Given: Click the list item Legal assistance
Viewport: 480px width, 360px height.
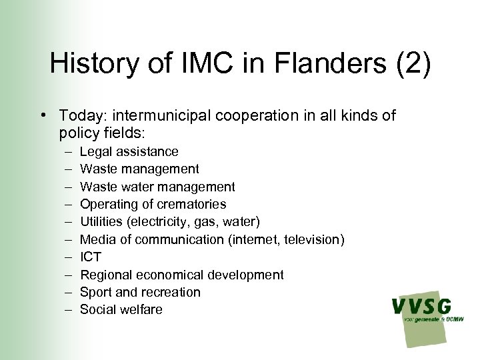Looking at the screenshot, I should click(129, 152).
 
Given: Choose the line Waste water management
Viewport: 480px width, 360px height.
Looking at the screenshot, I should click(157, 187).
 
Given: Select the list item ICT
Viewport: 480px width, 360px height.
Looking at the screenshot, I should click(91, 257).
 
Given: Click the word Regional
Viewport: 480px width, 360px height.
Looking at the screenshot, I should click(106, 275).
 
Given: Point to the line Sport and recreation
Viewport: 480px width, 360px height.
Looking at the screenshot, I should click(140, 292).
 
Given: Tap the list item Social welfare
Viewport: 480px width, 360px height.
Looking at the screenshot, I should click(121, 309).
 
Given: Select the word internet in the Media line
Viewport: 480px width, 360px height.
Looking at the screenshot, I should click(255, 239).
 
